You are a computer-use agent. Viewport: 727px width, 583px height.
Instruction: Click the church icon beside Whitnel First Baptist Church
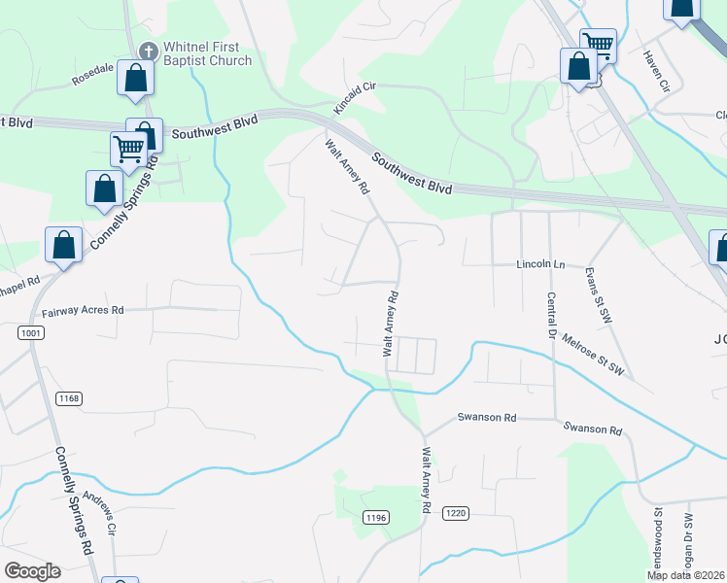[149, 50]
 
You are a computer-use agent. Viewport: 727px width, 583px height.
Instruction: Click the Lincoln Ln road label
[541, 264]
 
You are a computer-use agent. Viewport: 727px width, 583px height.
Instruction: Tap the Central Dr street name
[551, 316]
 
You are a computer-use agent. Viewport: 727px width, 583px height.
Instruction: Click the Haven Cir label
[658, 73]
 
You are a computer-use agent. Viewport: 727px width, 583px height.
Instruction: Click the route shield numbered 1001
[30, 333]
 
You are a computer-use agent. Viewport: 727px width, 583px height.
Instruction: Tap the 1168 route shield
[69, 397]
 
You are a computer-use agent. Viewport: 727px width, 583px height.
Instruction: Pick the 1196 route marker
[376, 518]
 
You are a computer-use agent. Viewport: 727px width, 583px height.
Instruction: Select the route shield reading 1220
[455, 512]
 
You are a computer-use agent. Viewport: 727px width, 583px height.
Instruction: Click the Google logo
[32, 570]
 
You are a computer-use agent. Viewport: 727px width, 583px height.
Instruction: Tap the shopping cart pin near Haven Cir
[598, 45]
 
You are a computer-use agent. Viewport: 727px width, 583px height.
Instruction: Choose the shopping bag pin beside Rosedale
[135, 79]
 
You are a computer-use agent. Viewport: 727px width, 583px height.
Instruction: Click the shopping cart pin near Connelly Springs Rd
[128, 149]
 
